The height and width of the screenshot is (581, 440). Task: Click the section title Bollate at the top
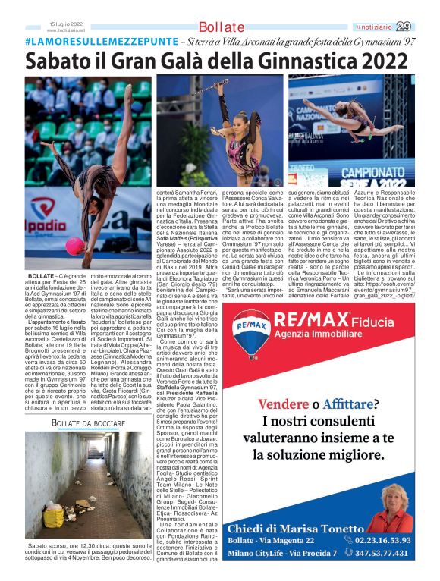[x=222, y=27]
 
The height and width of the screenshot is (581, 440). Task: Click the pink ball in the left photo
[x=75, y=247]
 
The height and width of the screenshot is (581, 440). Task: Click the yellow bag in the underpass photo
[x=55, y=517]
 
